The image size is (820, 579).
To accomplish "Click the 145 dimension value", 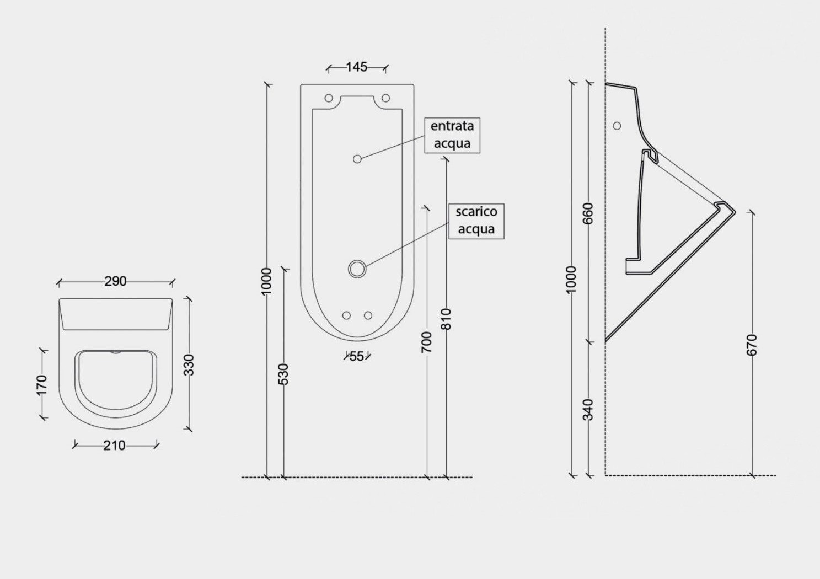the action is (357, 67).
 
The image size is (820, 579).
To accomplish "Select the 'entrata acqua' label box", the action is (452, 135).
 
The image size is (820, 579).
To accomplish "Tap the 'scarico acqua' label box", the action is (476, 221).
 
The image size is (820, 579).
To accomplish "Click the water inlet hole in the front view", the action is (357, 159).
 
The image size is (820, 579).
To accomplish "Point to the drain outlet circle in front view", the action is (357, 269).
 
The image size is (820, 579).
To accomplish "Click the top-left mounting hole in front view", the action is (329, 98).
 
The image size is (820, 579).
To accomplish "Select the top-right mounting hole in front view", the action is (386, 98).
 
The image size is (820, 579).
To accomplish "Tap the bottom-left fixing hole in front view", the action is (346, 315).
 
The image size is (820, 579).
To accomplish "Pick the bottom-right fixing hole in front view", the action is (368, 315).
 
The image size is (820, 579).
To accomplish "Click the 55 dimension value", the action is (357, 356).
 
